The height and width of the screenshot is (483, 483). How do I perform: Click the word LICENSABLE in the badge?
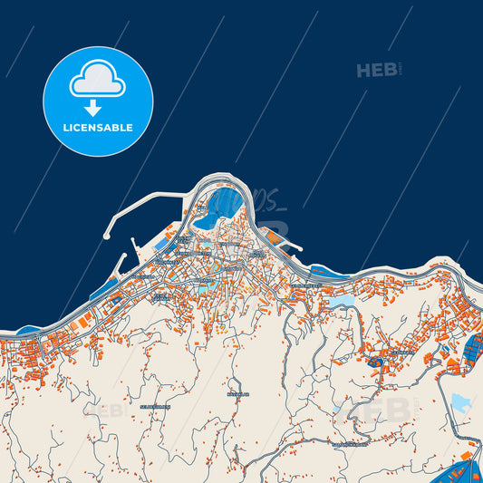[98, 128]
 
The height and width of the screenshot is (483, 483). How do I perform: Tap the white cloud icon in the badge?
[97, 81]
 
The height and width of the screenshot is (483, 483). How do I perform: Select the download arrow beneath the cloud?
[92, 108]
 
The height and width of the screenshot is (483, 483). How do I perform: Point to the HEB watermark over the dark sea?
[377, 70]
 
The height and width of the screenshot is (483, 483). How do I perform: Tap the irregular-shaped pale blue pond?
[460, 404]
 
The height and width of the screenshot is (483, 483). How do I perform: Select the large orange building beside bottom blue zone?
[466, 454]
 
